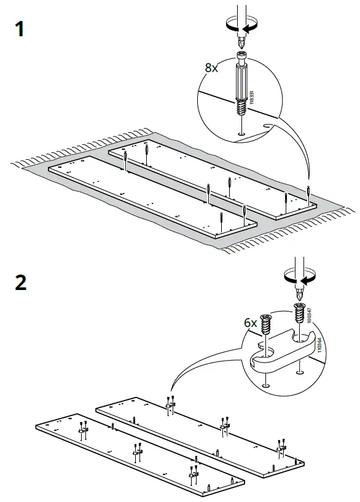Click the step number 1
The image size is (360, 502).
coord(20,29)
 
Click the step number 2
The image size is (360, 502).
coord(20,284)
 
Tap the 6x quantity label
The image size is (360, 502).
coord(250,322)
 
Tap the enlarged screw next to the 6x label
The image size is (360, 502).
coord(266,324)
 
